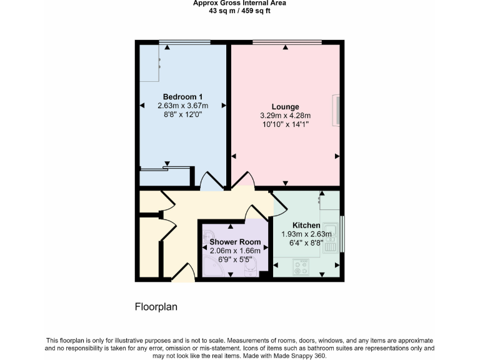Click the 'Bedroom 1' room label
coord(182,97)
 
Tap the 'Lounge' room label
coord(285,107)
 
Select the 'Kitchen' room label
coord(306,226)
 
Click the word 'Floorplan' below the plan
coord(156,307)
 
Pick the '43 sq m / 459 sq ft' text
coord(239,11)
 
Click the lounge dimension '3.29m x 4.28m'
coord(285,116)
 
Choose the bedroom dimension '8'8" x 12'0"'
coord(182,115)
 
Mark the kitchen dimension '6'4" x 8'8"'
coord(306,243)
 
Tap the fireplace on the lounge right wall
coord(337,109)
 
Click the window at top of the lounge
coord(287,42)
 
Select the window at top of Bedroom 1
coord(184,42)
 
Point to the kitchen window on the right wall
coord(342,234)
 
